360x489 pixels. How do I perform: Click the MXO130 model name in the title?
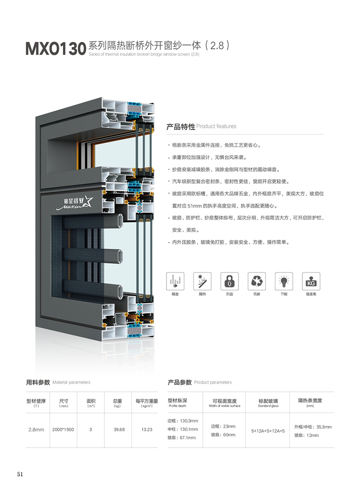coord(56,49)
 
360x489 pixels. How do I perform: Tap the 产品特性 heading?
coord(180,127)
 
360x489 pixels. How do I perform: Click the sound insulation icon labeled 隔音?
coord(175,281)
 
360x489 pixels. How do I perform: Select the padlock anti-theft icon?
coord(229,281)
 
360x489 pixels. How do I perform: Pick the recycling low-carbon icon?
coord(257,281)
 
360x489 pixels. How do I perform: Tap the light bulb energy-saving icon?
coord(284,281)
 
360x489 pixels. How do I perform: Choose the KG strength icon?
coord(311,281)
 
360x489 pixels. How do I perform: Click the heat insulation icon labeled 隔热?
coord(202,281)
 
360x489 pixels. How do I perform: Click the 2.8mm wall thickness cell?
coord(36,430)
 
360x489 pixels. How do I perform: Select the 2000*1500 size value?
coord(63,430)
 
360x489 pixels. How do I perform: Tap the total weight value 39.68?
coord(119,430)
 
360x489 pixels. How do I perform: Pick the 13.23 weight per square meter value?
coord(147,430)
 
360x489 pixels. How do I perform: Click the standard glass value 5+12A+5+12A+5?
coord(268,431)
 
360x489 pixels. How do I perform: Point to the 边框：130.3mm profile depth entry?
coord(183,421)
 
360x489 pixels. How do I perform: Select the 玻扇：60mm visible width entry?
coord(223,435)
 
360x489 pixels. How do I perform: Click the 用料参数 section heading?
coord(38,382)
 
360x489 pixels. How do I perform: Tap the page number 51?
coord(20,474)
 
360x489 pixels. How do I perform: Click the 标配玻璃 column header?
coord(268,401)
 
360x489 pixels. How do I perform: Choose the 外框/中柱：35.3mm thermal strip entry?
coord(313,427)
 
